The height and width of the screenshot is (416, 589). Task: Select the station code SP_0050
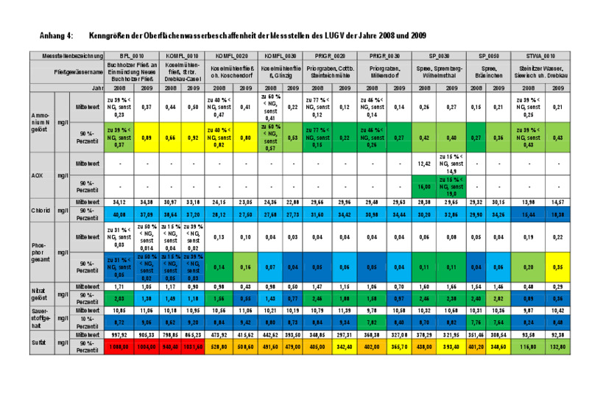coord(488,55)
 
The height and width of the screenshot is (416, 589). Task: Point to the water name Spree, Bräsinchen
coord(488,73)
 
